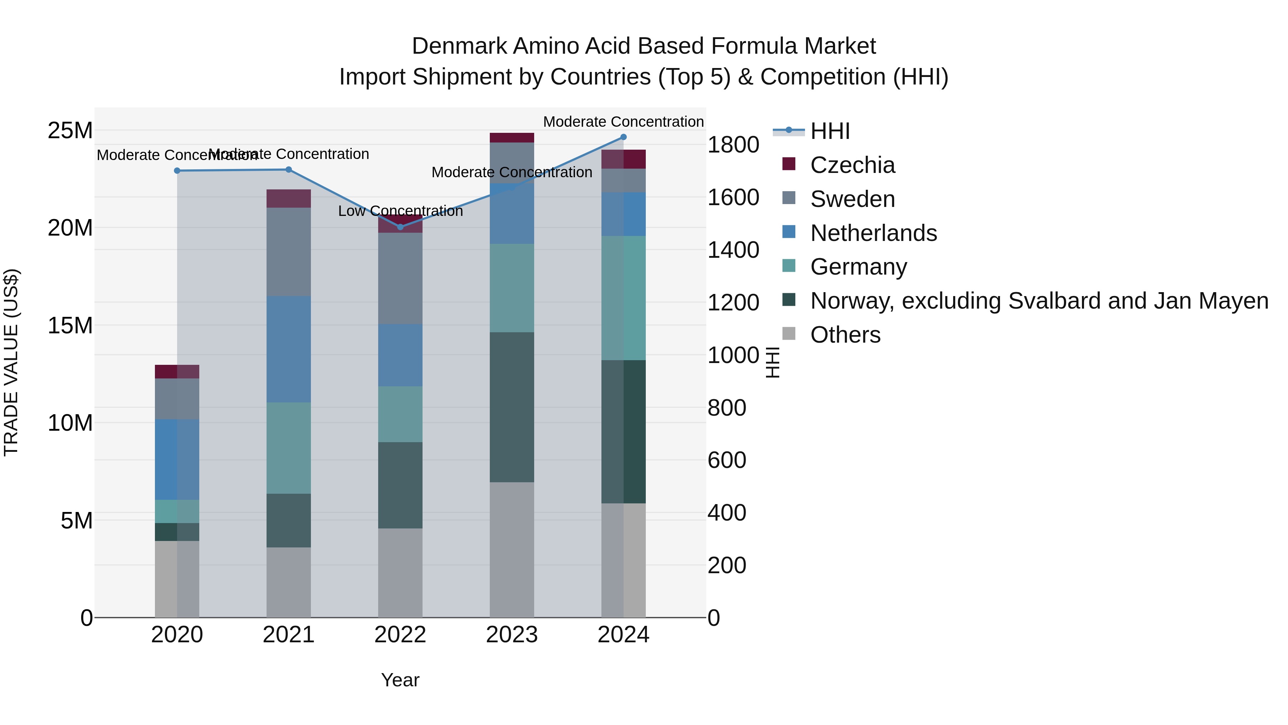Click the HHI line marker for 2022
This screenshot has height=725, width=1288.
pyautogui.click(x=400, y=227)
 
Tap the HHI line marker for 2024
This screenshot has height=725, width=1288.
pyautogui.click(x=624, y=137)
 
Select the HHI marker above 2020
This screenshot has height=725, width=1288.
pyautogui.click(x=177, y=171)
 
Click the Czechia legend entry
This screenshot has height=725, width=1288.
pyautogui.click(x=852, y=165)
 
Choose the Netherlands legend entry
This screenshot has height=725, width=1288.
pyautogui.click(x=873, y=233)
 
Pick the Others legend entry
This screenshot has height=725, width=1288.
pyautogui.click(x=845, y=335)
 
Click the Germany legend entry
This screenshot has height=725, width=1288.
pyautogui.click(x=858, y=267)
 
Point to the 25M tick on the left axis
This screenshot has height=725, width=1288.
pyautogui.click(x=70, y=131)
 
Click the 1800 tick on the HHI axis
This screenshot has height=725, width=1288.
pyautogui.click(x=733, y=145)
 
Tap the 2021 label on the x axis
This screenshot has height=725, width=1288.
pyautogui.click(x=288, y=635)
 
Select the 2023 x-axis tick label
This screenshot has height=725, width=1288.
pyautogui.click(x=512, y=635)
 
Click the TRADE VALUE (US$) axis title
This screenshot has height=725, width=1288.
pyautogui.click(x=11, y=362)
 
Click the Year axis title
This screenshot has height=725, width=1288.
pyautogui.click(x=400, y=680)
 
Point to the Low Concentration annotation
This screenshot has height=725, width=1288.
pyautogui.click(x=400, y=211)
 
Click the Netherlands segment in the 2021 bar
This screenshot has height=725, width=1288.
pyautogui.click(x=288, y=349)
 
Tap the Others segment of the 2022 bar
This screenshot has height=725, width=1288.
pyautogui.click(x=400, y=572)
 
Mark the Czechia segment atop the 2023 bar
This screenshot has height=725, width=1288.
pyautogui.click(x=512, y=137)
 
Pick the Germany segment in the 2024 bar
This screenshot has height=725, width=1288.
pyautogui.click(x=624, y=298)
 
